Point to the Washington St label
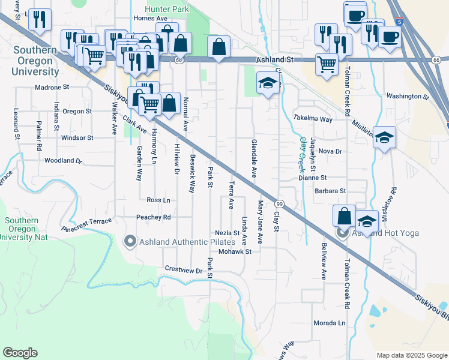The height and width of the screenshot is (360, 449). coord(408,96)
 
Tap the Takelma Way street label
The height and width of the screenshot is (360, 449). coord(313,119)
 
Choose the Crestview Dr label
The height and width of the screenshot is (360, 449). coord(183,270)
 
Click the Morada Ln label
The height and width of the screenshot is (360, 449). coord(330,323)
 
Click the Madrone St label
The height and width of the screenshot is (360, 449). coord(53,87)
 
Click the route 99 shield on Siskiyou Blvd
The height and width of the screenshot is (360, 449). coord(280,204)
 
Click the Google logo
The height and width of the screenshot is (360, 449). coord(20,353)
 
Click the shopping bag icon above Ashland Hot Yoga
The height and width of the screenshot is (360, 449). coord(344,216)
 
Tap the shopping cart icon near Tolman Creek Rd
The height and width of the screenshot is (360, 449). coord(327,64)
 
